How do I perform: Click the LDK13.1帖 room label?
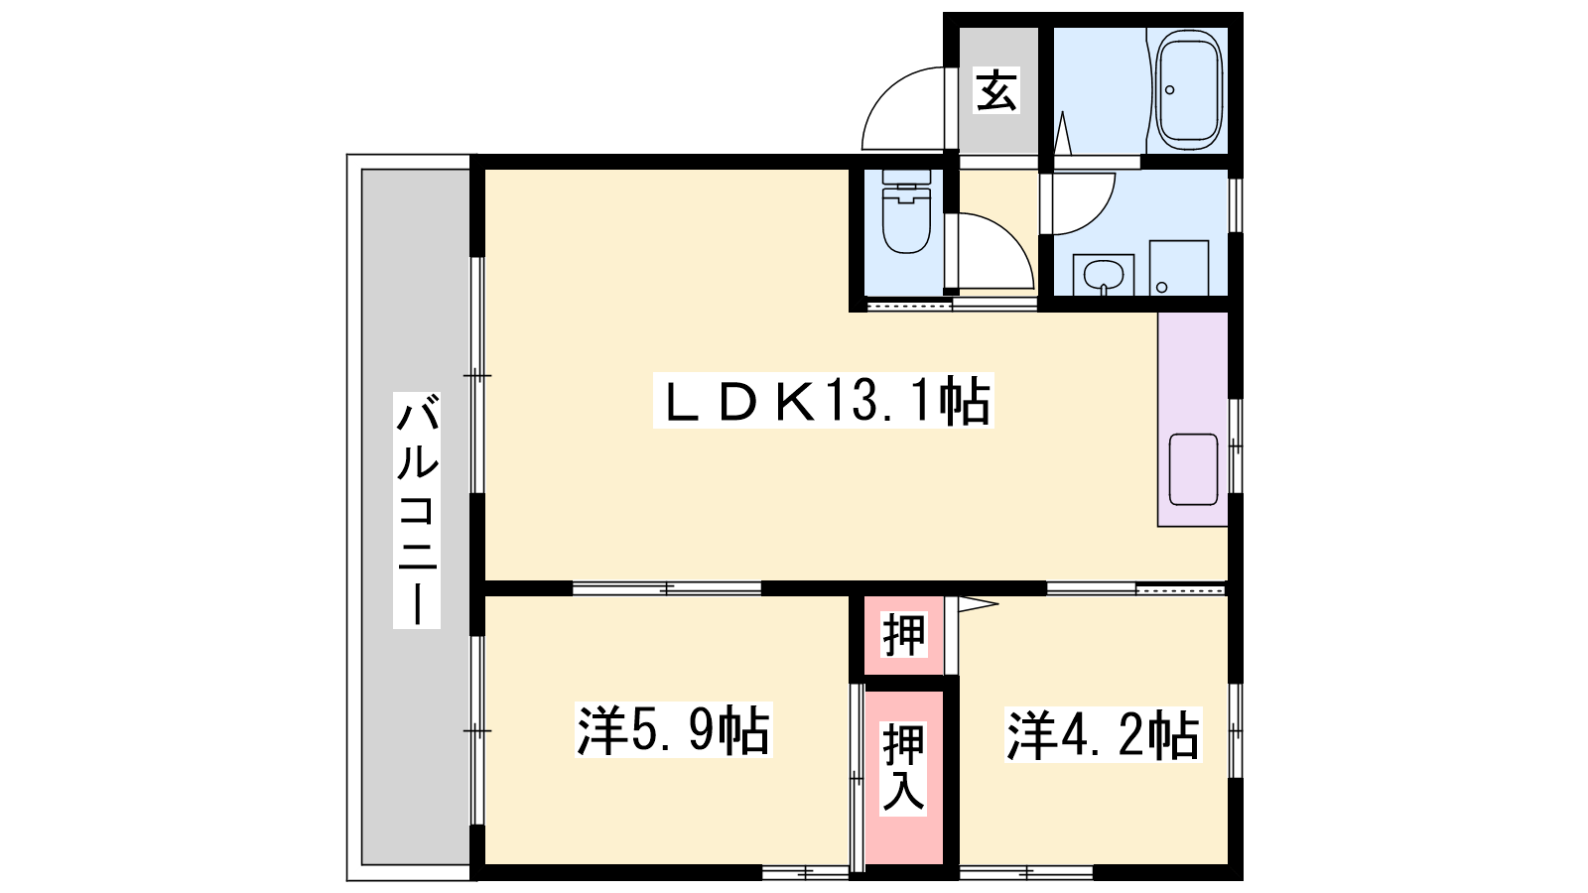point(823,401)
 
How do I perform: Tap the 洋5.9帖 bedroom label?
point(673,730)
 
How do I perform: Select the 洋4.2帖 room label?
point(1103,735)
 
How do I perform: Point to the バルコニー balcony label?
point(417,510)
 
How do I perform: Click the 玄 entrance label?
point(996,90)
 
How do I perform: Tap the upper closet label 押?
point(904,634)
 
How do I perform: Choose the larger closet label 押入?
point(904,768)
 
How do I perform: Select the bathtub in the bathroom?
point(1189,90)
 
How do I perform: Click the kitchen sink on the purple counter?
point(1193,469)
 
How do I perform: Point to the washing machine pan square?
point(1179,268)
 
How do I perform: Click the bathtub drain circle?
point(1170,90)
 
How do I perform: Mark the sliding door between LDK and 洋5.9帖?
point(666,588)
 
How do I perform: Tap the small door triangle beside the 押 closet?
point(977,604)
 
